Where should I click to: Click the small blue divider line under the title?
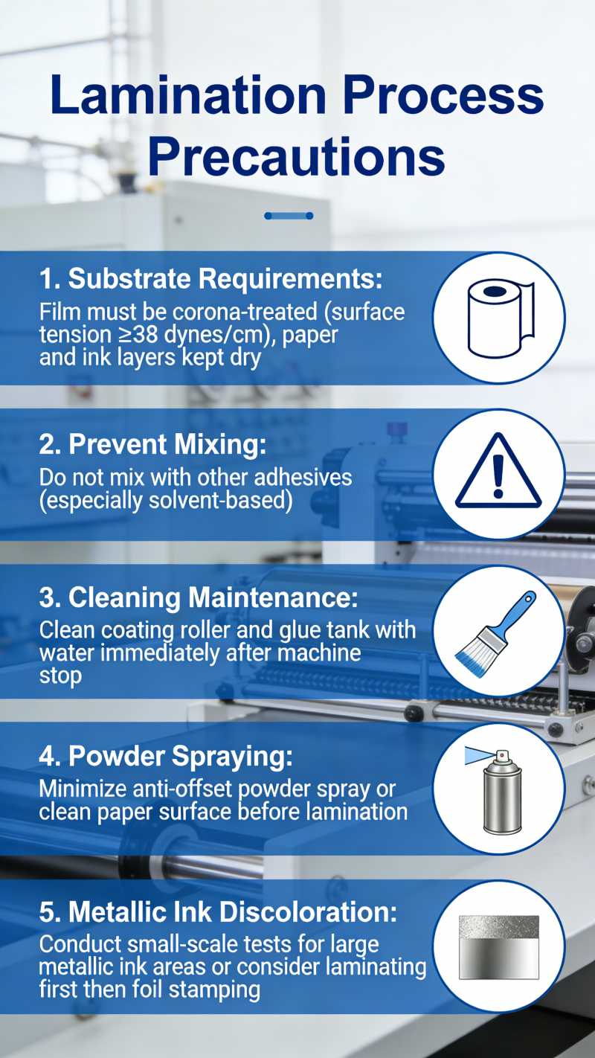pos(289,216)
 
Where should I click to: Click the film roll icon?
pos(501,318)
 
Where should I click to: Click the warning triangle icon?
pos(498,472)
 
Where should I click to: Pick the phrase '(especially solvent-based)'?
pos(166,501)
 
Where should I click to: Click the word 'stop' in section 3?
pos(60,676)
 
